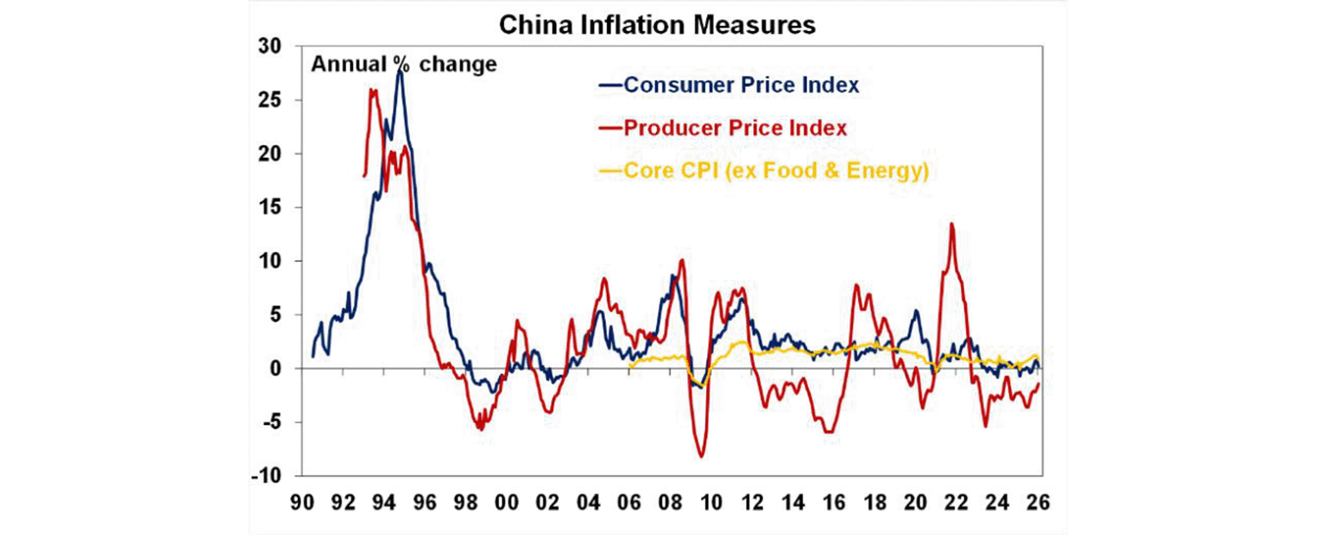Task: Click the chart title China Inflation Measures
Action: [656, 26]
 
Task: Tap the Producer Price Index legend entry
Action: [735, 128]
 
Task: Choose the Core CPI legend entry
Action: [774, 172]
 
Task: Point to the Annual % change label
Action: [403, 64]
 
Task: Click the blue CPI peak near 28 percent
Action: [400, 70]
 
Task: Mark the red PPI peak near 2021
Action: [951, 224]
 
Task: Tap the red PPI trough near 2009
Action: [701, 456]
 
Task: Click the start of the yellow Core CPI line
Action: [630, 366]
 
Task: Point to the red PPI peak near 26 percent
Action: [372, 90]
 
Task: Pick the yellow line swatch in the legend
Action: [610, 172]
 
